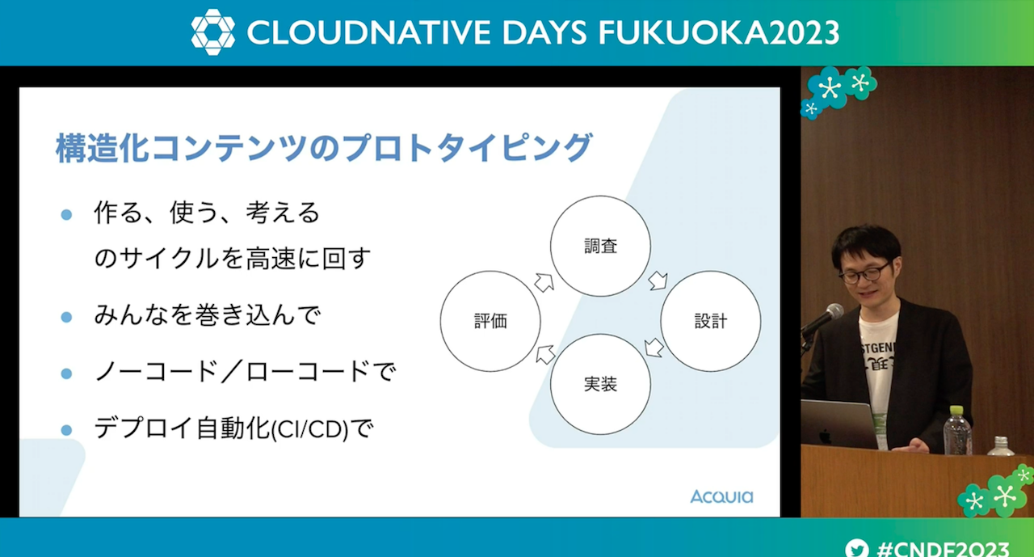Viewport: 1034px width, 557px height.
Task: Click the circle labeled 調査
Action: (600, 196)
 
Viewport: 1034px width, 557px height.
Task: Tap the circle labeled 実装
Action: (600, 334)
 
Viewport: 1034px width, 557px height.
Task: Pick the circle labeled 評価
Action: (490, 271)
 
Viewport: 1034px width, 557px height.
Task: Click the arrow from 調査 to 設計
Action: (658, 281)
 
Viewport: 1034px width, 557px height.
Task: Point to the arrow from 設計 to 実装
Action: (654, 348)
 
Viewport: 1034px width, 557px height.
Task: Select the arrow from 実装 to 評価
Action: (545, 354)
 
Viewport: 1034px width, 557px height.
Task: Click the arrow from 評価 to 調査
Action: (544, 282)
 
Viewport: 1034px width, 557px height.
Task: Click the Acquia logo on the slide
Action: (721, 496)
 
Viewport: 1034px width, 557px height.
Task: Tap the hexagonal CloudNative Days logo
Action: (212, 32)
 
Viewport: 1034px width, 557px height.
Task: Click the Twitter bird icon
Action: (857, 548)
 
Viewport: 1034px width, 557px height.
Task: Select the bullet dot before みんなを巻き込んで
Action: (66, 317)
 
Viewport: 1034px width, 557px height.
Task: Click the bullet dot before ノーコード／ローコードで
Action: (66, 373)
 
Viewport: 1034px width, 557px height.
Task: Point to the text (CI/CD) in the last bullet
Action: (309, 429)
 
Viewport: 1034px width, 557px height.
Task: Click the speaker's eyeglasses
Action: (865, 273)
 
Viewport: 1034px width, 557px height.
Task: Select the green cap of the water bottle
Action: (956, 411)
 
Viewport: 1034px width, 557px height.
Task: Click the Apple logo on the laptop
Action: (825, 437)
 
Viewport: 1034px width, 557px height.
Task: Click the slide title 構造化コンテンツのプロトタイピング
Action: (323, 148)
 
